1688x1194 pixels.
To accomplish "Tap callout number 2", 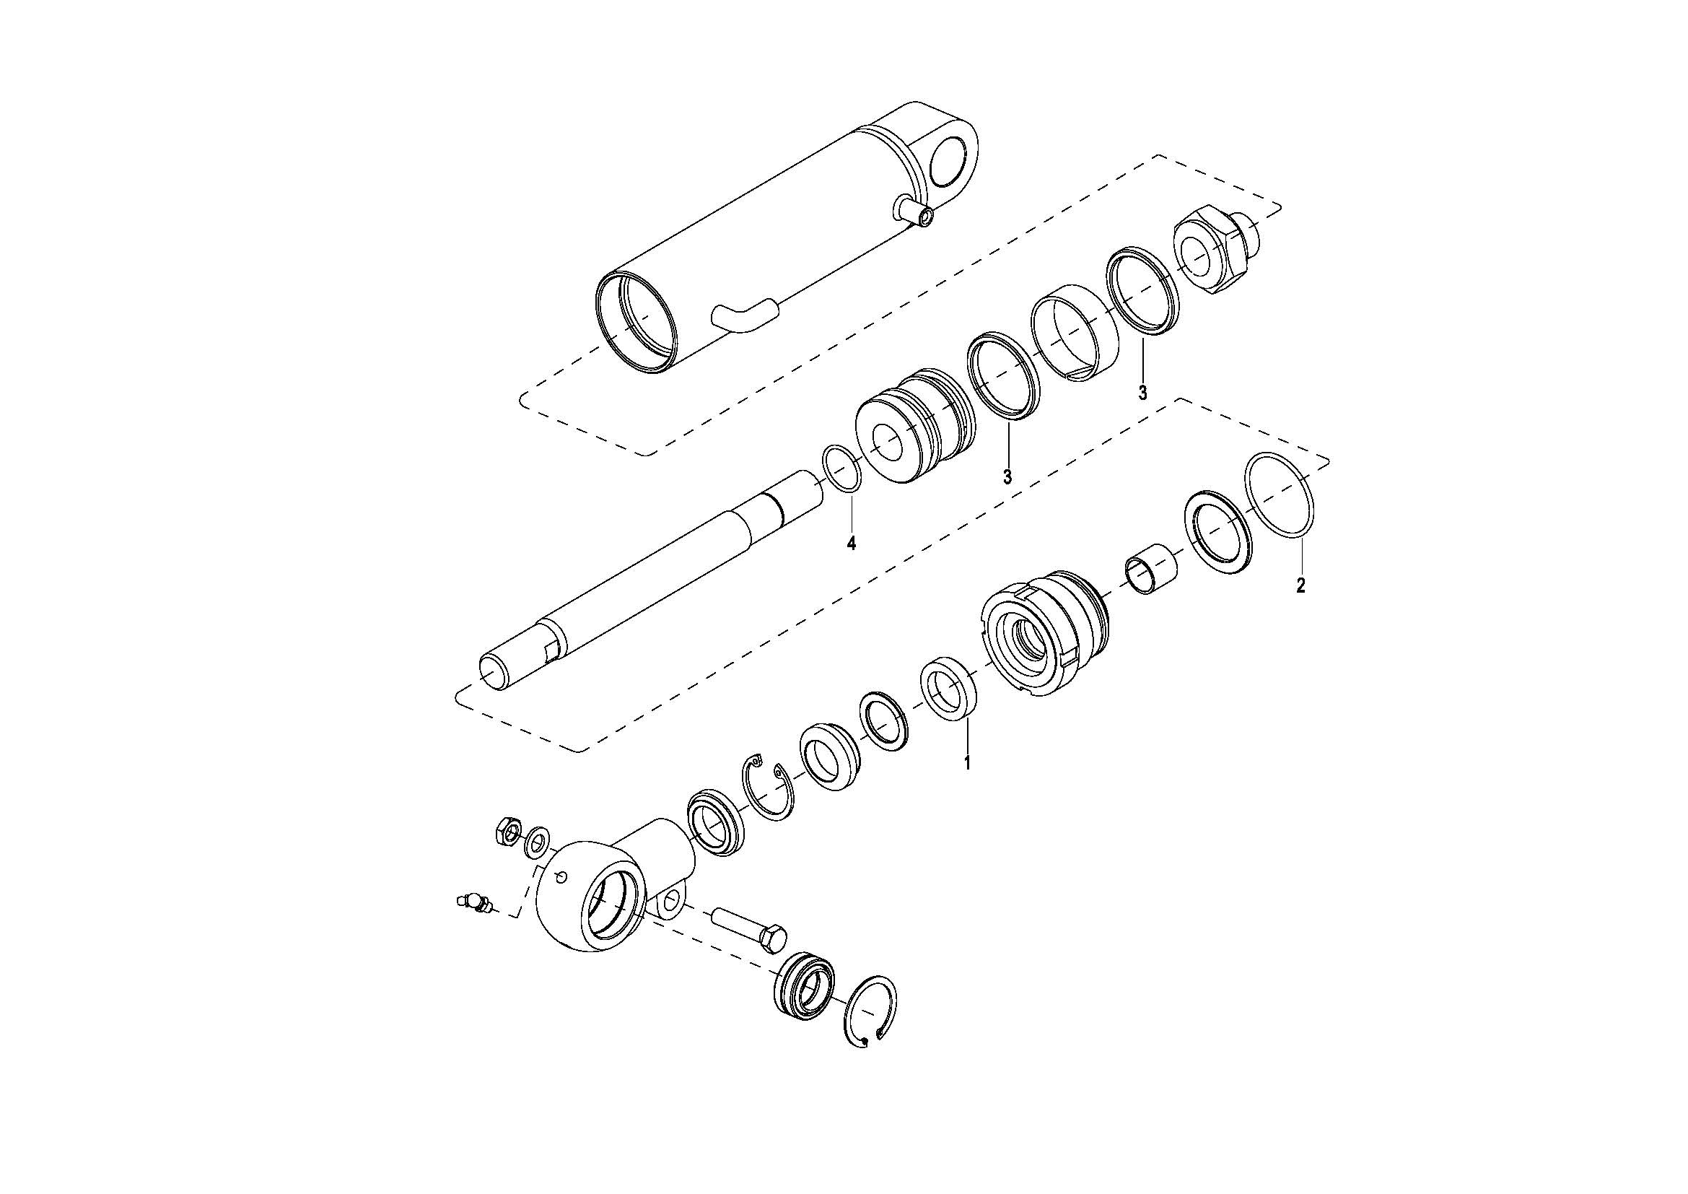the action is coord(1300,586).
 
